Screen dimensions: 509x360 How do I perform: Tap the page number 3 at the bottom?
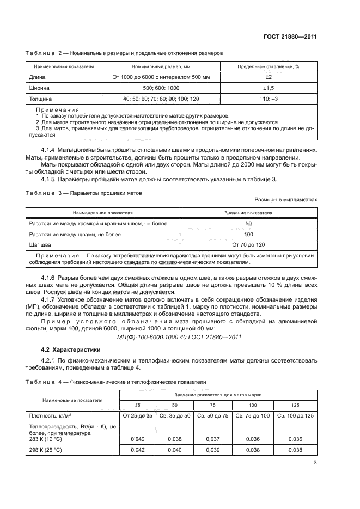point(315,463)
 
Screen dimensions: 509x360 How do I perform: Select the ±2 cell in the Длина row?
point(268,77)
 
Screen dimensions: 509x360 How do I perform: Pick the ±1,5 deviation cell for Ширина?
point(268,88)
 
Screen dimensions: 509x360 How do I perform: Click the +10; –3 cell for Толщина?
point(268,99)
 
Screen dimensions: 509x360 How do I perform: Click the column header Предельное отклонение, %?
point(268,66)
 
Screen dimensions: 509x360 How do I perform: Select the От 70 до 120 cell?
point(248,244)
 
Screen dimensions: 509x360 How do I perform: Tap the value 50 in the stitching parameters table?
point(248,224)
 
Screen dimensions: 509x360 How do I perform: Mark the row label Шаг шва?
point(41,244)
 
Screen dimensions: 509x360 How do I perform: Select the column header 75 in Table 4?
point(213,405)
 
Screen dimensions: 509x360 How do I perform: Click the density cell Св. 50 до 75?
point(213,416)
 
